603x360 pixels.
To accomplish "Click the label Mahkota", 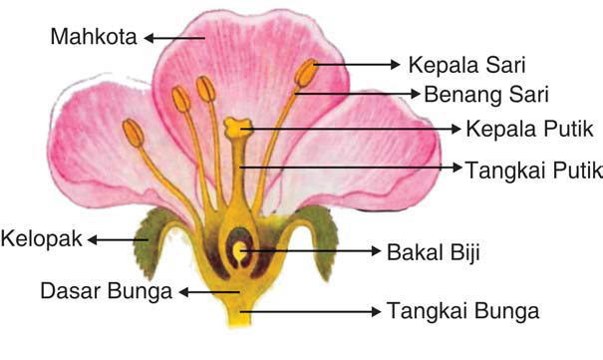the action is pyautogui.click(x=95, y=38).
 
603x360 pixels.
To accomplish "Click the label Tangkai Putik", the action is pyautogui.click(x=532, y=171).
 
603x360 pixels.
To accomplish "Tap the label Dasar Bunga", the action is pyautogui.click(x=107, y=291).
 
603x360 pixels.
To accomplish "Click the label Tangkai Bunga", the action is pyautogui.click(x=462, y=311).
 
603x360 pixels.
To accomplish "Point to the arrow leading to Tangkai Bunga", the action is pyautogui.click(x=309, y=311).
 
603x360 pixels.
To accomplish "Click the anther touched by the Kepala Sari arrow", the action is pyautogui.click(x=306, y=73).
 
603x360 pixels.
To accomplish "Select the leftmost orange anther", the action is pyautogui.click(x=133, y=132).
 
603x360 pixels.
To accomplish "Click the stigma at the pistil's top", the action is pyautogui.click(x=237, y=127).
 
